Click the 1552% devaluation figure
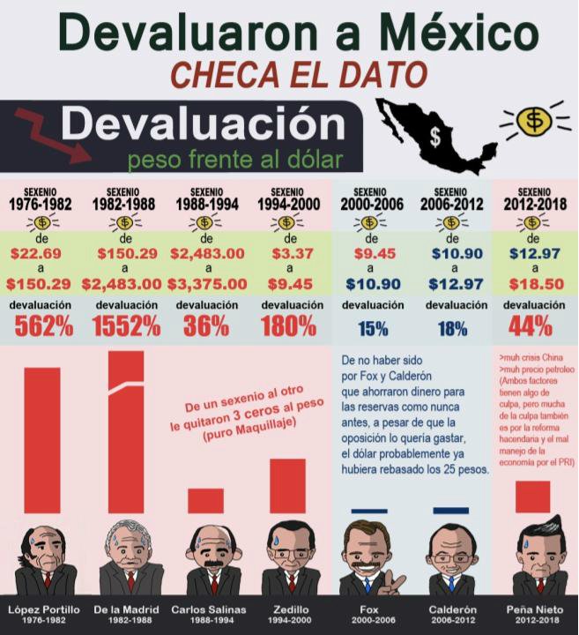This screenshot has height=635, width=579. pos(126,326)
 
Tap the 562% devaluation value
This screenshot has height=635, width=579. pos(43,326)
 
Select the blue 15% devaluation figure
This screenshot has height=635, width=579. pos(373,329)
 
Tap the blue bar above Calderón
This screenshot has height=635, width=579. pos(451,511)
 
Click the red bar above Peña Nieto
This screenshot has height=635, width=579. pos(532,497)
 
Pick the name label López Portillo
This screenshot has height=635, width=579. pos(44,609)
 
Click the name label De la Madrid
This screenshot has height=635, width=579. pos(124,609)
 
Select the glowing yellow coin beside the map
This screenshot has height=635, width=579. pos(532,123)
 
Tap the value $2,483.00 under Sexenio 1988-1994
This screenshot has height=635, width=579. pos(207,253)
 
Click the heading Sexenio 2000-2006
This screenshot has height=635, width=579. pos(372,199)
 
